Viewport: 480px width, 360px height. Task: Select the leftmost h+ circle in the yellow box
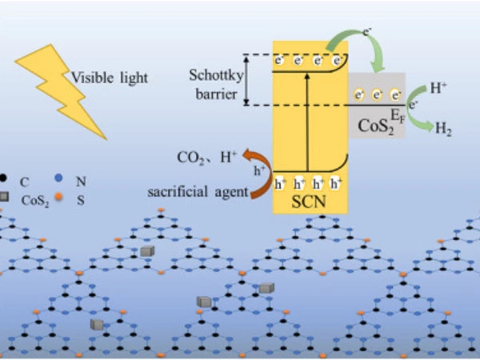[280, 184]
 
